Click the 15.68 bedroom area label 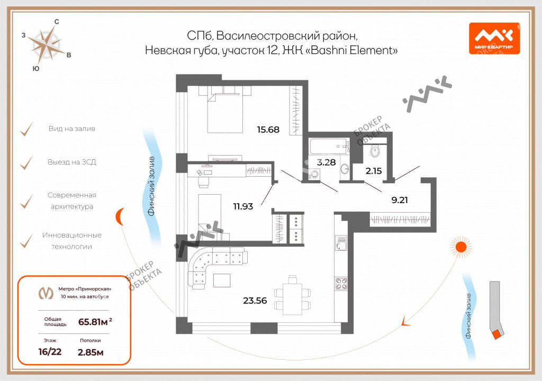click(x=268, y=130)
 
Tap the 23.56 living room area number click(x=255, y=301)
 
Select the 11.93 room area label click(x=243, y=206)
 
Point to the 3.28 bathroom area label click(x=326, y=162)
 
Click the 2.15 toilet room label click(x=374, y=170)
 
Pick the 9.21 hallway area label click(x=400, y=200)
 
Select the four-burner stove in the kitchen click(x=341, y=284)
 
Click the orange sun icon click(x=461, y=247)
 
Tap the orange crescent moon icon click(x=120, y=217)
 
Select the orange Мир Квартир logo click(x=494, y=39)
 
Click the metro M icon click(x=46, y=293)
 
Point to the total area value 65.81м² click(x=95, y=322)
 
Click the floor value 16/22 click(x=50, y=352)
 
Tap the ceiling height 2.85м click(x=91, y=352)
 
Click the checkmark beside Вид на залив click(x=26, y=130)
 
